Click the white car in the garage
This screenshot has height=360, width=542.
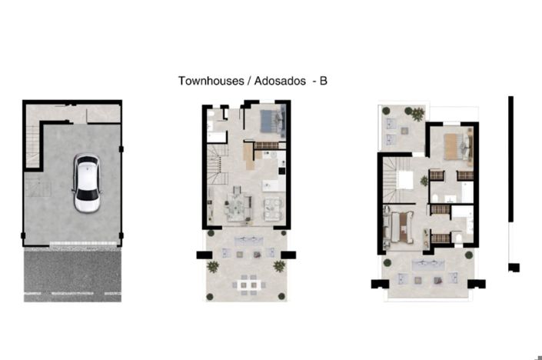pos(85,185)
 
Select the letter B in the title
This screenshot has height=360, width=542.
pos(323,80)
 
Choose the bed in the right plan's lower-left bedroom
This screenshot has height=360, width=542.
pos(400,228)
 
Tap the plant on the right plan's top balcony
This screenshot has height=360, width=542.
pos(416,115)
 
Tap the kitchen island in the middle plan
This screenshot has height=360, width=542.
pos(271,185)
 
